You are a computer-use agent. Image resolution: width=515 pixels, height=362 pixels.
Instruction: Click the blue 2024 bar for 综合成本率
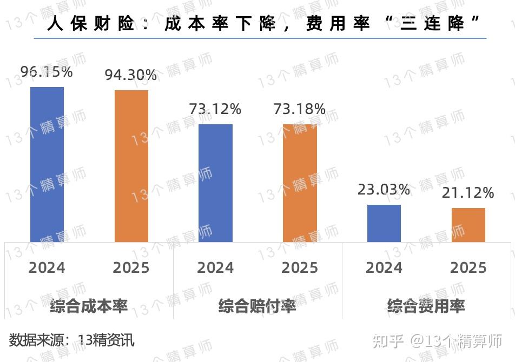tap(47, 164)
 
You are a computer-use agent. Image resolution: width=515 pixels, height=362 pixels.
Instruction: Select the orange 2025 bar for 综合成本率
tap(131, 166)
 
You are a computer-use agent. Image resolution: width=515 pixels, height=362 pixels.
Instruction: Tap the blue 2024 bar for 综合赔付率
tap(215, 183)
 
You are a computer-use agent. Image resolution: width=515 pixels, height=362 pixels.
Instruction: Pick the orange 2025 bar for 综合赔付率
tap(300, 183)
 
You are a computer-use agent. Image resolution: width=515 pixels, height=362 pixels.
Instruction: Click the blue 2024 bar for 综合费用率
tap(384, 223)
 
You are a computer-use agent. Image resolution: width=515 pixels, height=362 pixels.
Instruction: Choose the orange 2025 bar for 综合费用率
tap(468, 225)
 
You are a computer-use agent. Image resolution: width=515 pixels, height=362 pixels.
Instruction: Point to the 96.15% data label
tap(47, 71)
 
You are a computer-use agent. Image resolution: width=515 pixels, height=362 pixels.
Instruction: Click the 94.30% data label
tap(131, 75)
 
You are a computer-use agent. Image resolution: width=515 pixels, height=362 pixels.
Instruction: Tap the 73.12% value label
tap(215, 109)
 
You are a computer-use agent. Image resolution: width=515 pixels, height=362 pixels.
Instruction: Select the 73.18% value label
tap(300, 109)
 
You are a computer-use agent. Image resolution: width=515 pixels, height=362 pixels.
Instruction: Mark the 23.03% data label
tap(384, 189)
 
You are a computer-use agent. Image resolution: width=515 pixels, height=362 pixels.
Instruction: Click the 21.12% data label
tap(468, 192)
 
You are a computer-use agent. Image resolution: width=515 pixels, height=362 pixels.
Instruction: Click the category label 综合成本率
tap(89, 306)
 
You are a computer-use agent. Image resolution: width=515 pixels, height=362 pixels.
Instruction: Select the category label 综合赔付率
tap(257, 306)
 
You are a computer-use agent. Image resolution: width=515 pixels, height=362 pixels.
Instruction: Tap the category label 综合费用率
tap(426, 306)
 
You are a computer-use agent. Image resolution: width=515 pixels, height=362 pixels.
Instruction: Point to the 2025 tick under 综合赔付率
tap(300, 267)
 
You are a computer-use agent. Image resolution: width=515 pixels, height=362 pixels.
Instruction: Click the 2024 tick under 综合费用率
tap(384, 267)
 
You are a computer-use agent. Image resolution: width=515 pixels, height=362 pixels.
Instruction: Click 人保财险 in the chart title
tap(90, 24)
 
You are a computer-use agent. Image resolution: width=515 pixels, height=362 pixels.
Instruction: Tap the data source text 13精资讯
tap(106, 340)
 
